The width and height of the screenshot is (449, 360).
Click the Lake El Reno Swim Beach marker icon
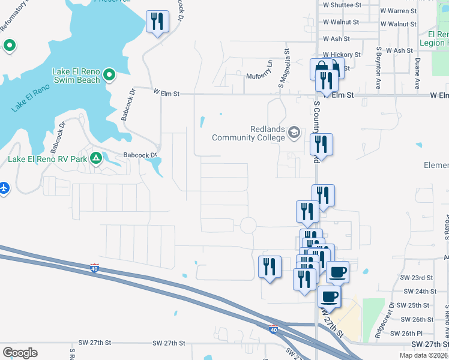click(x=109, y=74)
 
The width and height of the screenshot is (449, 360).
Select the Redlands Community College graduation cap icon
click(x=294, y=132)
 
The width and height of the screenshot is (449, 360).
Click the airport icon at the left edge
click(x=4, y=188)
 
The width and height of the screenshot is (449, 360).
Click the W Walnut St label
click(x=340, y=22)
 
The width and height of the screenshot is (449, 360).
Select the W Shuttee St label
click(x=342, y=4)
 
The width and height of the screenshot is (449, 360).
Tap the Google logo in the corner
click(x=20, y=352)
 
